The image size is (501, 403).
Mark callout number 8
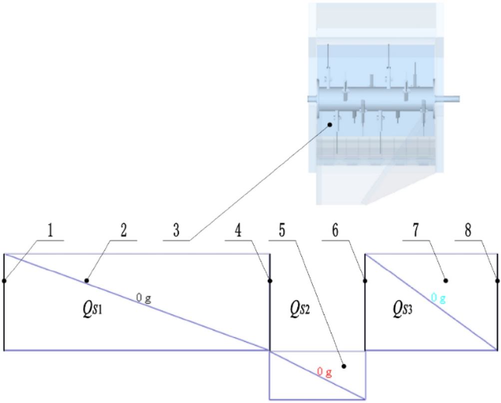coord(467,231)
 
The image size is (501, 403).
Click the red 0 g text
coord(325,372)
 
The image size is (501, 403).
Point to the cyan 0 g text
coord(439,298)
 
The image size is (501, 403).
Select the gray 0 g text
coord(144,298)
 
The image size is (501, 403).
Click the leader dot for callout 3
coord(331,124)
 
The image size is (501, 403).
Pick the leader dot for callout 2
coord(86,280)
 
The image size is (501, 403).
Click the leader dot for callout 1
coord(4,280)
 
